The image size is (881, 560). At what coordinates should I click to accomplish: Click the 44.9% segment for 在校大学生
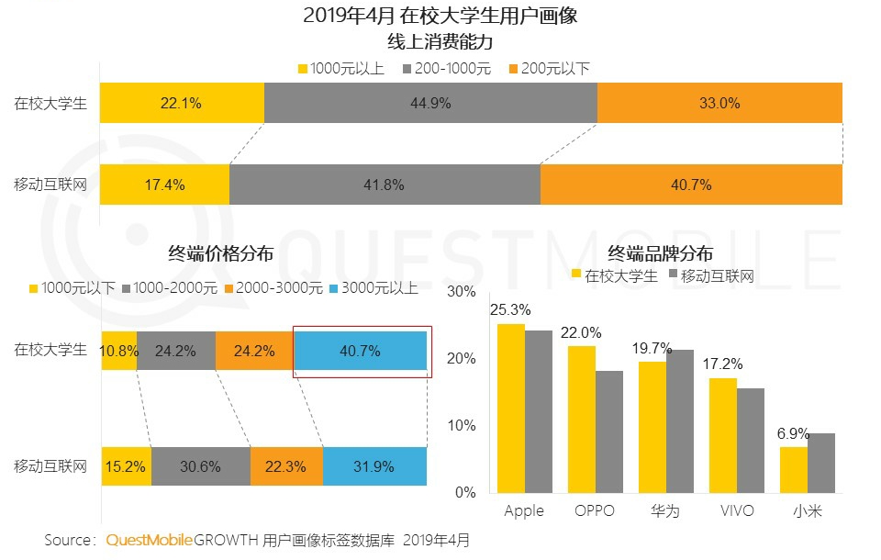430,103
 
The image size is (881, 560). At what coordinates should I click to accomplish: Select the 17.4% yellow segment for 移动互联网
165,185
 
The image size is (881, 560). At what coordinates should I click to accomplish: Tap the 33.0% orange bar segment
719,103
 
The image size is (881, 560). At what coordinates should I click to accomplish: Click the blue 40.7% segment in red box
360,351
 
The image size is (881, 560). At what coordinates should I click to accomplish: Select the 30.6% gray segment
200,466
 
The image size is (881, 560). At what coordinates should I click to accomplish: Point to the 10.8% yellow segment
119,351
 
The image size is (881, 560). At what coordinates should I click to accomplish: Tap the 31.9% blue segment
374,466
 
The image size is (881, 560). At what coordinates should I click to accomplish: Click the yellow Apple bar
511,408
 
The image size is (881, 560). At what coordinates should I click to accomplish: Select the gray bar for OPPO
608,431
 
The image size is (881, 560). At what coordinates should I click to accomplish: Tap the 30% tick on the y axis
462,292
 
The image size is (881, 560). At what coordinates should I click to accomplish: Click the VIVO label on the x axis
735,510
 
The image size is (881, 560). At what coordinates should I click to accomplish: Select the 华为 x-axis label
664,510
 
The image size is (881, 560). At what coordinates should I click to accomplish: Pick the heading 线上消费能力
440,42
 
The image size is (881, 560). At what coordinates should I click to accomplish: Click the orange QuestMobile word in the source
149,540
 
